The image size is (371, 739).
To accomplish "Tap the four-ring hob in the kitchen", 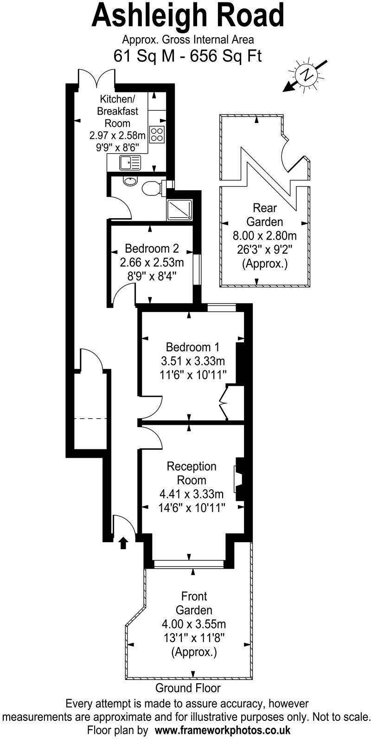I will (x=158, y=134).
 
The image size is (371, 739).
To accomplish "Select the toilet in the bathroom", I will (x=152, y=188).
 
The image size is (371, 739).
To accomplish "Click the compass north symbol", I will (x=306, y=74).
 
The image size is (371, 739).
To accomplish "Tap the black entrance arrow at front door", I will (x=123, y=542).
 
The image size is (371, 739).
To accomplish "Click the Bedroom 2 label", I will (x=152, y=248).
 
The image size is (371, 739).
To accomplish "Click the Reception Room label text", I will (x=192, y=473).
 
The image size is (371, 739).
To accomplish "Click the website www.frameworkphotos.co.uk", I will (x=223, y=729).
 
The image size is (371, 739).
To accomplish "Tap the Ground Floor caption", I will (x=188, y=688).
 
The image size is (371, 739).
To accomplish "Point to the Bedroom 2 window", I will (x=197, y=269).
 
